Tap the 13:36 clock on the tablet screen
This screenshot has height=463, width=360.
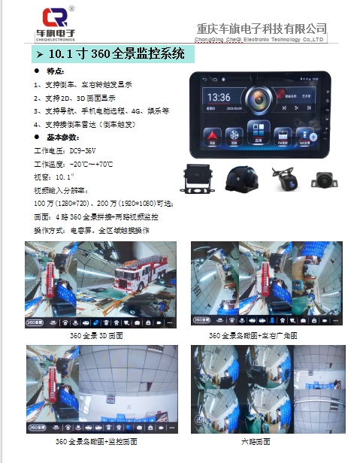click(219, 97)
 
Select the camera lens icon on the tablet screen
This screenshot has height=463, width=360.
click(259, 98)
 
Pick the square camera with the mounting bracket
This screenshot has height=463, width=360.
click(198, 178)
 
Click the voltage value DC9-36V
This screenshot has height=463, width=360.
click(80, 150)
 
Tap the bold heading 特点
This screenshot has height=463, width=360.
click(56, 70)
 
